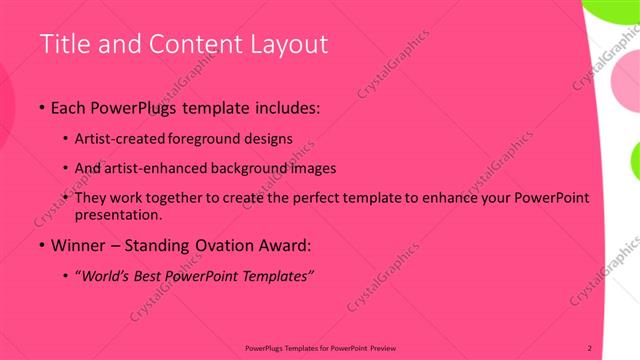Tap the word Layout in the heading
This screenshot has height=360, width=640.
coord(284,44)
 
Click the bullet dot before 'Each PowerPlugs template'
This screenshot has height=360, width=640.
coord(42,107)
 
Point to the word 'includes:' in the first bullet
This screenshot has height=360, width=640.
coord(288,107)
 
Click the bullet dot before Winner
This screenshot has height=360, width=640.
coord(42,245)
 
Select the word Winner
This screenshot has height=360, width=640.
coord(77,245)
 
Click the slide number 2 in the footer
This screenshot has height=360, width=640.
coord(589,347)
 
